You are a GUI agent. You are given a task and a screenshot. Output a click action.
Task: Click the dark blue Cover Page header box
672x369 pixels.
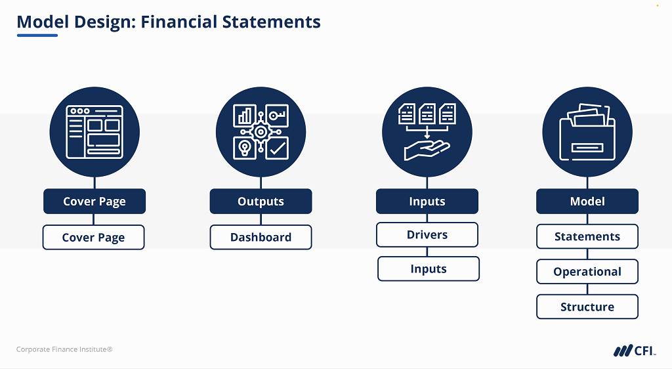pos(94,201)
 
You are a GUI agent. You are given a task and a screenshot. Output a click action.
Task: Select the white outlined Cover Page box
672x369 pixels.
pos(93,237)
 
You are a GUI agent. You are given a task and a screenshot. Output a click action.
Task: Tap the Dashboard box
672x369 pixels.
pos(261,237)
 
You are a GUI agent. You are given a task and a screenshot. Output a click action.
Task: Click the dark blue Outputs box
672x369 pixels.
pos(261,201)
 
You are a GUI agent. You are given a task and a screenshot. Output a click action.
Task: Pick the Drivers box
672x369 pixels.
pos(427,234)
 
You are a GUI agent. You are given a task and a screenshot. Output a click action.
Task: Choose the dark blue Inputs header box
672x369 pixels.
pos(427,201)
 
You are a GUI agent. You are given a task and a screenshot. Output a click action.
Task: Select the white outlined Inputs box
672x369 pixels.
pos(429,269)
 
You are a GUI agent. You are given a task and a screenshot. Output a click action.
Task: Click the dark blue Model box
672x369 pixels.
pos(587,201)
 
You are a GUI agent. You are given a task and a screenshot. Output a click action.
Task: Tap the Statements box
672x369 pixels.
pos(587,236)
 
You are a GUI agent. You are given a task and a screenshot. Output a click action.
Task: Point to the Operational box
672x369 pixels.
pos(587,271)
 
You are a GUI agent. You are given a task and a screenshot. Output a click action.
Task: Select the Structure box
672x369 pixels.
pos(587,307)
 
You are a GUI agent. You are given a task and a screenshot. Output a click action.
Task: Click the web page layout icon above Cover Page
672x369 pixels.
pos(94,132)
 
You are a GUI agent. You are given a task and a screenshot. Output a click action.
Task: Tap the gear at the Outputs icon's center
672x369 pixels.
pos(261,132)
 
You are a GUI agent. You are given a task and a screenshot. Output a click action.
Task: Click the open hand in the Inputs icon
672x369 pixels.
pos(427,150)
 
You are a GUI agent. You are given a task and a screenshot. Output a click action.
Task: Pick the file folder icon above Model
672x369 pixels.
pos(587,132)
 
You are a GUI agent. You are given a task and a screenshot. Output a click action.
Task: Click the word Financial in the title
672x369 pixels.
pos(178,22)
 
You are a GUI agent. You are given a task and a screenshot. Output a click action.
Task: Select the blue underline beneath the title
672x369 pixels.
pos(37,35)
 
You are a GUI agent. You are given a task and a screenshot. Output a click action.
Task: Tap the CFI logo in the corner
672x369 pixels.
pos(635,351)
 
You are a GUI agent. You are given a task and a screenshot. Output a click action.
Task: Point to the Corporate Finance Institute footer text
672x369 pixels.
pos(64,349)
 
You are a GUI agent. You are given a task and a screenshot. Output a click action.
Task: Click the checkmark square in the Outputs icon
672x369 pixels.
pos(278,148)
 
